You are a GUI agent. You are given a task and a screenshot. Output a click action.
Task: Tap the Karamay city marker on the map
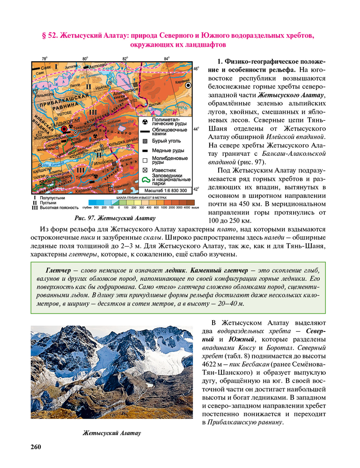point(189,86)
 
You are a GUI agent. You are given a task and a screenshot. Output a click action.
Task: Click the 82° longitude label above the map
point(125,58)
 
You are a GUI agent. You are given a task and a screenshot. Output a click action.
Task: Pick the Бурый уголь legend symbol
point(145,141)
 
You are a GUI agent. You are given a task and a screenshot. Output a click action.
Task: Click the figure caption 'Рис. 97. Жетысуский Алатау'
point(115,218)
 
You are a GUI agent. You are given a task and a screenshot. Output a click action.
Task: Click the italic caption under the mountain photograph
point(111,433)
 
